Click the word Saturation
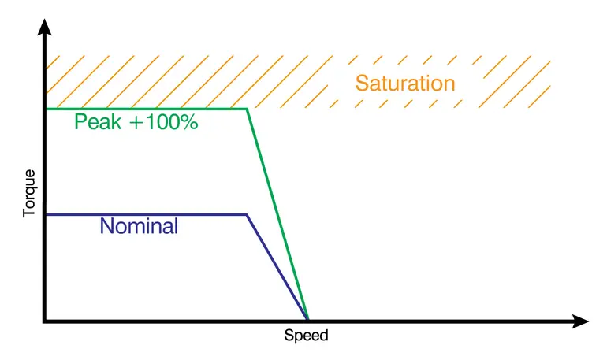405,83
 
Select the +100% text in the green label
158,123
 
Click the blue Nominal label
139,227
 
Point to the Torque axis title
29,192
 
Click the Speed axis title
306,336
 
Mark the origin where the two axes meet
46,321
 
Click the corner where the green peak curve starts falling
248,109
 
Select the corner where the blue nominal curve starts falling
248,214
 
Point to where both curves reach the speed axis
307,318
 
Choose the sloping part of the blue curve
277,267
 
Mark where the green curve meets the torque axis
47,109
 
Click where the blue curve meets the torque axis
47,214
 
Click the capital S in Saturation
362,83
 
